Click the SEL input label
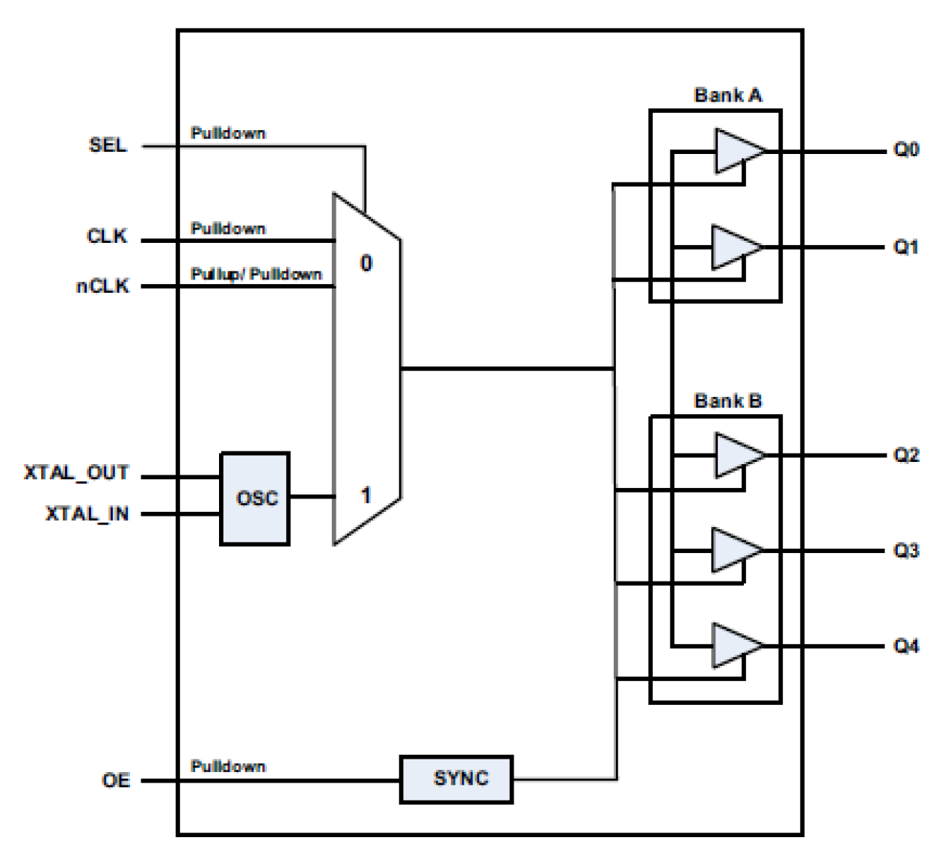pyautogui.click(x=108, y=145)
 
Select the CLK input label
pyautogui.click(x=107, y=236)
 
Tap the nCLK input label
pyautogui.click(x=102, y=286)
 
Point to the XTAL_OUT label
pyautogui.click(x=76, y=473)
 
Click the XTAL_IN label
pyautogui.click(x=87, y=514)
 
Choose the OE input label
pyautogui.click(x=116, y=780)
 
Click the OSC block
pyautogui.click(x=255, y=499)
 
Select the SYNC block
pyautogui.click(x=456, y=779)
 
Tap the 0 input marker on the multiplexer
pyautogui.click(x=366, y=263)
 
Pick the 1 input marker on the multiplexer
pyautogui.click(x=366, y=495)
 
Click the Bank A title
pyautogui.click(x=727, y=96)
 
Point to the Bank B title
pyautogui.click(x=727, y=401)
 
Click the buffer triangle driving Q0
pyautogui.click(x=736, y=151)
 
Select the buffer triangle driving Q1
pyautogui.click(x=733, y=247)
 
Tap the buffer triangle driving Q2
pyautogui.click(x=736, y=455)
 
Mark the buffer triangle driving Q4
pyautogui.click(x=733, y=645)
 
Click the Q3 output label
pyautogui.click(x=906, y=551)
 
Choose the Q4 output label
pyautogui.click(x=906, y=646)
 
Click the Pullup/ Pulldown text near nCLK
pyautogui.click(x=256, y=274)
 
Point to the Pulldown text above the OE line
pyautogui.click(x=228, y=766)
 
